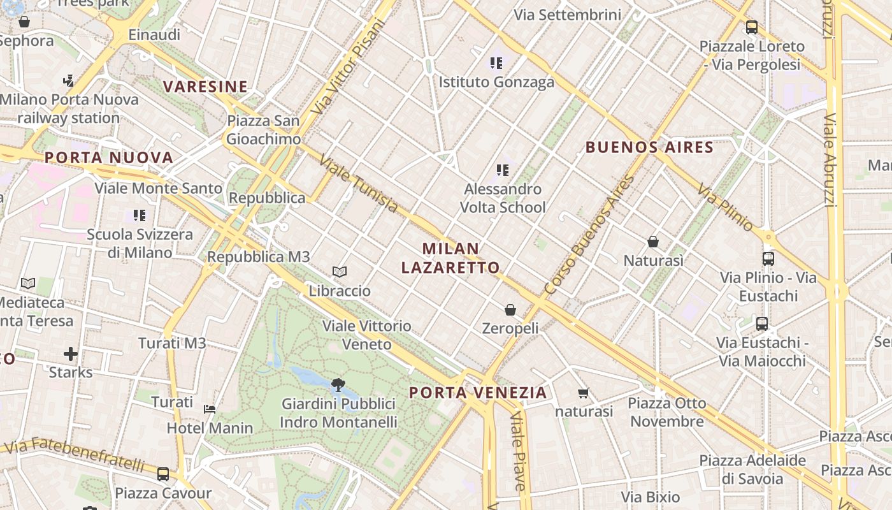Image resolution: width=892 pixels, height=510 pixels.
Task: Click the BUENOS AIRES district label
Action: tap(649, 148)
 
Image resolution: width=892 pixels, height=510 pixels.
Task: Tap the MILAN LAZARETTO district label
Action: tap(450, 258)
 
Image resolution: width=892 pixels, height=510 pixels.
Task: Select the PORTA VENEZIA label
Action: tap(478, 393)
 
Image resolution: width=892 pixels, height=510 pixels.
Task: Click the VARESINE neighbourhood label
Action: tap(205, 87)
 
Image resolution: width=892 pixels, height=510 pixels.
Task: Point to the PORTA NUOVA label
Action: tap(109, 158)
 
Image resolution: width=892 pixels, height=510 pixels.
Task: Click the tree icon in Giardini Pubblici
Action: tap(338, 384)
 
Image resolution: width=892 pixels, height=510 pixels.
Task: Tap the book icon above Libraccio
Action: tap(340, 272)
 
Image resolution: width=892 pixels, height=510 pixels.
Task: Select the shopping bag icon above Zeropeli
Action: tap(510, 310)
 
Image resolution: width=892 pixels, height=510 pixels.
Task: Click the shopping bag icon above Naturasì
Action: tap(653, 242)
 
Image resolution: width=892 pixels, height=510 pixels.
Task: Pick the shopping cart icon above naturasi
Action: tap(583, 393)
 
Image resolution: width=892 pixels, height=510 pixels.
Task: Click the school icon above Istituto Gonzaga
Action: tap(496, 63)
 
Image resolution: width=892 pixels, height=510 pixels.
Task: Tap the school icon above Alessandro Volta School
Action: tap(503, 170)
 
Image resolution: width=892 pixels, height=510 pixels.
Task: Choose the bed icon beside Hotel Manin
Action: tap(210, 409)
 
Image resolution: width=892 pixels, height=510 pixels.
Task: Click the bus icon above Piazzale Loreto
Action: tap(752, 27)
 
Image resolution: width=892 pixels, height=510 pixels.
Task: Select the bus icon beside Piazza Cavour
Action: tap(163, 474)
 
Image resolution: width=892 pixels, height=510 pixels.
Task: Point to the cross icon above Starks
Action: tap(71, 353)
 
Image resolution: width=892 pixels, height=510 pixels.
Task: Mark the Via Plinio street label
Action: tap(725, 207)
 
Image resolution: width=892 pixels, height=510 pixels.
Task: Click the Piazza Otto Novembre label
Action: tap(667, 412)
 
